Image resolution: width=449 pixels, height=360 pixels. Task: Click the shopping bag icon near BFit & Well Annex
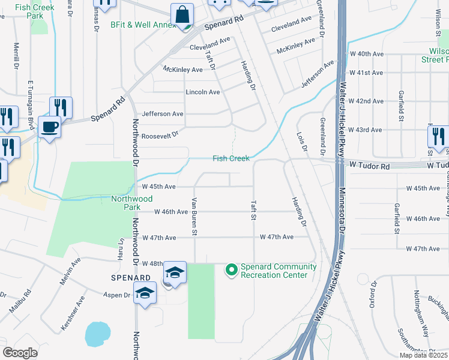tap(182, 14)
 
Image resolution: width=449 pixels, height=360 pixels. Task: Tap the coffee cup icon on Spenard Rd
tap(50, 127)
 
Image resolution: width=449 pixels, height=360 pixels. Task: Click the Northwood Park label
tap(132, 203)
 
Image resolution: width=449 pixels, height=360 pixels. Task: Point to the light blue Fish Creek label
tap(231, 158)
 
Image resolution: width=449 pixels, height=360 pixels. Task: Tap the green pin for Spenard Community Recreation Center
tap(231, 271)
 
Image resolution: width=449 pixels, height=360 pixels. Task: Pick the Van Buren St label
tap(194, 217)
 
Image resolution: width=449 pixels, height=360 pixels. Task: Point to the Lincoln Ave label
tap(203, 92)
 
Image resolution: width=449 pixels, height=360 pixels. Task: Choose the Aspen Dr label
tap(118, 295)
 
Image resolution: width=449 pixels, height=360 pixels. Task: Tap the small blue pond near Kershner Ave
tap(98, 334)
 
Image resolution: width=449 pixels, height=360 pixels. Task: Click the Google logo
tap(20, 353)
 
